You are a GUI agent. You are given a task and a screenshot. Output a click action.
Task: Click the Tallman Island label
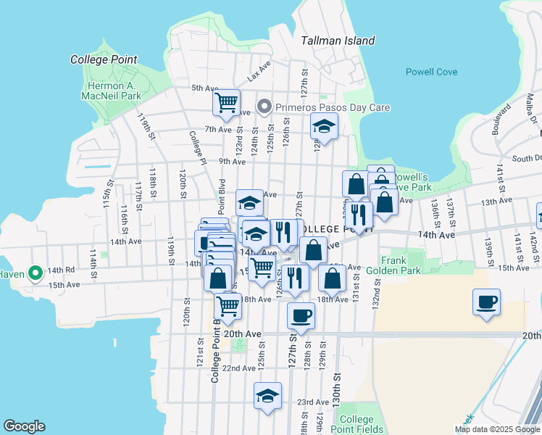[338, 41]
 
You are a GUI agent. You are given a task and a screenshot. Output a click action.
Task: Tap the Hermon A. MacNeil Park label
[110, 90]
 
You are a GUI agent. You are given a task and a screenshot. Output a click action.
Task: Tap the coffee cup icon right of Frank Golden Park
[486, 301]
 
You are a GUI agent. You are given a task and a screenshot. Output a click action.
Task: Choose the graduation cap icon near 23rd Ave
[268, 396]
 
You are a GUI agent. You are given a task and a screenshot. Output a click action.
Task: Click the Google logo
[24, 426]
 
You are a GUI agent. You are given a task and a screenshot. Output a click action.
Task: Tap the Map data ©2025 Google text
[496, 429]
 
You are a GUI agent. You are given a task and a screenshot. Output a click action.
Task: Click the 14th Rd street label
[61, 270]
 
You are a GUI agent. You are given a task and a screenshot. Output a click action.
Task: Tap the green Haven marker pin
[34, 273]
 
